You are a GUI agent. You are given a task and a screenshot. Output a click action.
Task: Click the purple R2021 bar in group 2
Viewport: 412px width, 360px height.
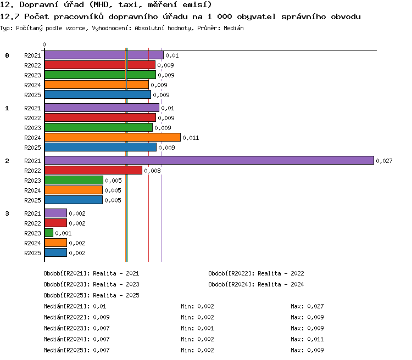click(209, 160)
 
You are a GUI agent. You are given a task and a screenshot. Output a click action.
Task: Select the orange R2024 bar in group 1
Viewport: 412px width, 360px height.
click(113, 137)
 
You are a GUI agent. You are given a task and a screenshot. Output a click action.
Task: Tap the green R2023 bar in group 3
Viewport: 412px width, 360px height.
click(49, 233)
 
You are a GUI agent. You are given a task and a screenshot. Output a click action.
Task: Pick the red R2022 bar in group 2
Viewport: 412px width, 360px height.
click(93, 170)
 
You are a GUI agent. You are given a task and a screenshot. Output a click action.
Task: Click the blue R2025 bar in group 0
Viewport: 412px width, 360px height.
click(98, 94)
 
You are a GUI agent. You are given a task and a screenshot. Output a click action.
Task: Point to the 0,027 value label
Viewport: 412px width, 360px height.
click(384, 161)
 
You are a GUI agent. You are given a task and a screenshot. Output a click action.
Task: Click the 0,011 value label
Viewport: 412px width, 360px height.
click(191, 138)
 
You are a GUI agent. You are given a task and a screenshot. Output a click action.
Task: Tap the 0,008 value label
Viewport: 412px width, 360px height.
click(152, 171)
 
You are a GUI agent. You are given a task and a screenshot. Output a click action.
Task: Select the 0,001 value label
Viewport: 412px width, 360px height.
click(63, 233)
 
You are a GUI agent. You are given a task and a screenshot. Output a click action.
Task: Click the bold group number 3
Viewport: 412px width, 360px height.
click(7, 213)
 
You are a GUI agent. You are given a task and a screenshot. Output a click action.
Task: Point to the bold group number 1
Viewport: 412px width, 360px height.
click(7, 108)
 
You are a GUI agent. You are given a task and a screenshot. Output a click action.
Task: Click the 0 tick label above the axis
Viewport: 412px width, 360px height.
click(44, 44)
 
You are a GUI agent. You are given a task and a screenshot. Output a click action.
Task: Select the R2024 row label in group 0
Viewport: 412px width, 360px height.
click(32, 85)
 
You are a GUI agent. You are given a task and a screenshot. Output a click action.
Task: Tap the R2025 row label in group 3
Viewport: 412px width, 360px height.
click(32, 253)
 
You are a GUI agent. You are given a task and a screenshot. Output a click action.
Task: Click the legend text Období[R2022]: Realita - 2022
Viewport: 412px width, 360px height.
click(256, 273)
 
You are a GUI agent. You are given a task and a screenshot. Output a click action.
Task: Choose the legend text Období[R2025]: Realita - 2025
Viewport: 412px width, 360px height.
click(91, 295)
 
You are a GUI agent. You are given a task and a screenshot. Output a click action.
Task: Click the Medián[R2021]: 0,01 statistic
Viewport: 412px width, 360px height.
click(75, 306)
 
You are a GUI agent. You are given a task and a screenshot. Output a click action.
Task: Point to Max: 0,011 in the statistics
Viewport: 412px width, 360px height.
click(307, 339)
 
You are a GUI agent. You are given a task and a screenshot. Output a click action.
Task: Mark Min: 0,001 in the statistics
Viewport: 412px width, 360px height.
click(197, 328)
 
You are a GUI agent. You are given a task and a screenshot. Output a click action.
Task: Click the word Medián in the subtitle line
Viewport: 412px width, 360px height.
click(233, 28)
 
